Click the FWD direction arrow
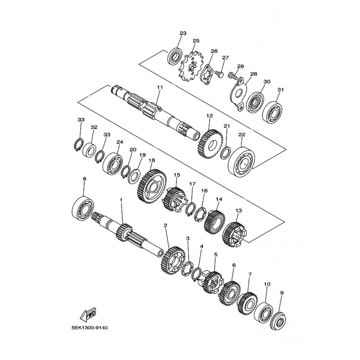click(88, 315)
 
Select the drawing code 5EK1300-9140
click(90, 328)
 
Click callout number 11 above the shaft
click(160, 87)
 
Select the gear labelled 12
click(210, 144)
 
